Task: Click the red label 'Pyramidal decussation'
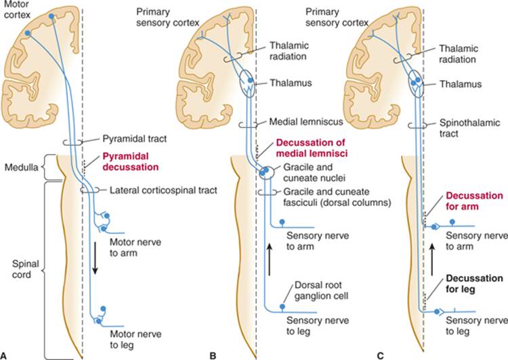tap(131, 162)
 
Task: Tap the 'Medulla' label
tap(22, 167)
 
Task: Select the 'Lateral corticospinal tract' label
tap(163, 190)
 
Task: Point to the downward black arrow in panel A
tap(95, 258)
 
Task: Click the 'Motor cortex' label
tap(17, 9)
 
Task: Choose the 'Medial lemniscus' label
tap(306, 122)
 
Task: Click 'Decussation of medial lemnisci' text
tap(312, 148)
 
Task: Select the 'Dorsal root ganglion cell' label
tap(321, 290)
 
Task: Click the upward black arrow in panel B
tap(269, 260)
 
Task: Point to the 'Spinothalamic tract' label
tap(469, 128)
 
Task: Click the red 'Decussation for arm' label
tap(474, 201)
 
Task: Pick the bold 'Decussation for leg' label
tap(474, 284)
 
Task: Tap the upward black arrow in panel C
tap(432, 260)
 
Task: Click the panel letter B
tap(213, 356)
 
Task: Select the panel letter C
tap(381, 356)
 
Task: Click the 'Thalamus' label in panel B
tap(291, 83)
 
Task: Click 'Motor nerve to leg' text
tap(135, 339)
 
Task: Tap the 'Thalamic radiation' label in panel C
tap(458, 54)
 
